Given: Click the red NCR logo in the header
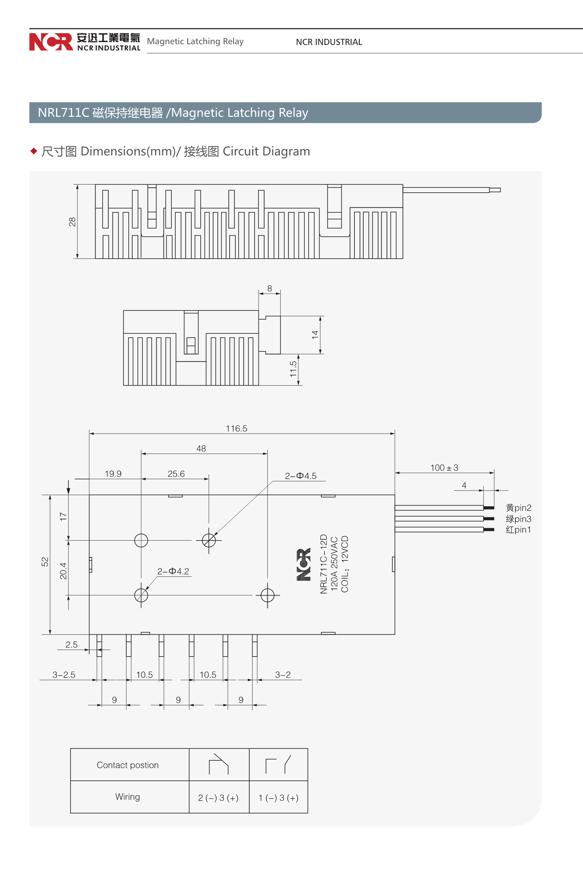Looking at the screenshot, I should (51, 42).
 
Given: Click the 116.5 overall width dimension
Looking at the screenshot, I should (236, 428).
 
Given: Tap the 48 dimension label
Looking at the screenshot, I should (201, 448).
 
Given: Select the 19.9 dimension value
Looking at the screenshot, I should (113, 473).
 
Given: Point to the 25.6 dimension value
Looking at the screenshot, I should (176, 473).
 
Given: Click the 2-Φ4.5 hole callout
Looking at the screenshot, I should (300, 476).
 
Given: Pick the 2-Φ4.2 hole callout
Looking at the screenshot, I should (173, 571).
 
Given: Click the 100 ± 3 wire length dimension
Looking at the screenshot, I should (444, 467).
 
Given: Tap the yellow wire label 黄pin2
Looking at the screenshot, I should (518, 508).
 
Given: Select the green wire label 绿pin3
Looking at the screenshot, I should (518, 519).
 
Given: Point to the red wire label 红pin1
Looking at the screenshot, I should (518, 530).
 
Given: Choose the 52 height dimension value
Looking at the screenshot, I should (45, 562).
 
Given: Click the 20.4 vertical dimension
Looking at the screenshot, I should (63, 571).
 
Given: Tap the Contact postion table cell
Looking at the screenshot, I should (128, 765).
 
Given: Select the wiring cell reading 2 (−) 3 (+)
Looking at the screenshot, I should (218, 798).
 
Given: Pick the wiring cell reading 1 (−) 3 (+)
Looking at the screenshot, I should (279, 798).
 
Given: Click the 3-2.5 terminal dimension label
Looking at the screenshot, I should (63, 675).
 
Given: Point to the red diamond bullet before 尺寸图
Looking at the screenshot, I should (34, 151).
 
